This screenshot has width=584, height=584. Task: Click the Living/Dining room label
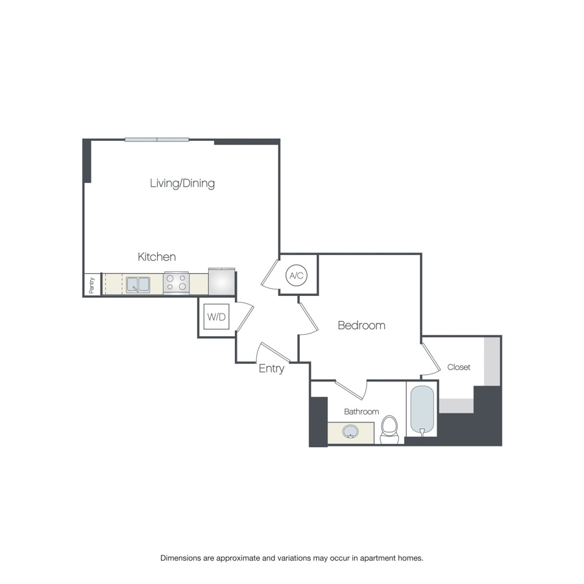[x=182, y=183]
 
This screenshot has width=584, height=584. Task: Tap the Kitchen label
[x=156, y=257]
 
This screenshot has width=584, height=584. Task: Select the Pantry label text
[x=91, y=285]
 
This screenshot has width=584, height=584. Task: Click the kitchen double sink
[x=138, y=284]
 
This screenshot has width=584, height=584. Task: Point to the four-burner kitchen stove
[x=176, y=283]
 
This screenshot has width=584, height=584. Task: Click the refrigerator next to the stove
[x=221, y=281]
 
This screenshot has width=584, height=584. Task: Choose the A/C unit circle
[x=297, y=276]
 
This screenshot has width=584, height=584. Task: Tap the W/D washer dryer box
[x=216, y=317]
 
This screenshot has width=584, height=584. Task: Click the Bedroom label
[x=361, y=325]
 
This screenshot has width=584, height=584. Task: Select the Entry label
[x=271, y=369]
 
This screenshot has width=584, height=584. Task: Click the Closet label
[x=459, y=367]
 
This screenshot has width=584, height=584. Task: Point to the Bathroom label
[x=361, y=411]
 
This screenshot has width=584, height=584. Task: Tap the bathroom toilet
[x=389, y=429]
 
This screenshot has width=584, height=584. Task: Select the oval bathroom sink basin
[x=351, y=432]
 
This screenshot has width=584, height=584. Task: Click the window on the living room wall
[x=157, y=140]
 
